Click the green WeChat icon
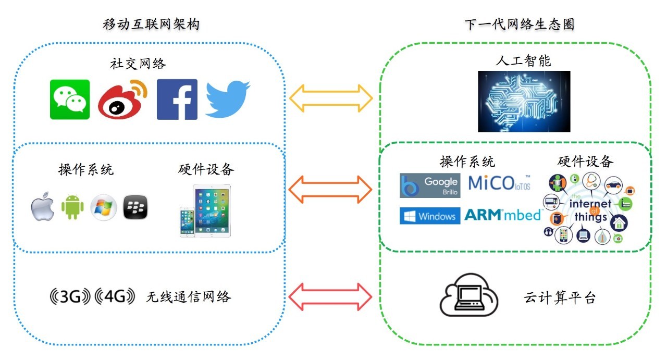70,99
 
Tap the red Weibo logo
122,99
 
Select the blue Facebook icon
177,99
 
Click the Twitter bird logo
227,98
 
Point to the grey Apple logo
43,208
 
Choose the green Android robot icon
73,208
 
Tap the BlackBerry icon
135,208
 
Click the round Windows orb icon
104,208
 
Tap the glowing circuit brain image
524,101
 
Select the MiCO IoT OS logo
499,183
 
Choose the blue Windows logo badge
430,216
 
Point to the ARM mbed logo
502,215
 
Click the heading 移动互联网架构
151,24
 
